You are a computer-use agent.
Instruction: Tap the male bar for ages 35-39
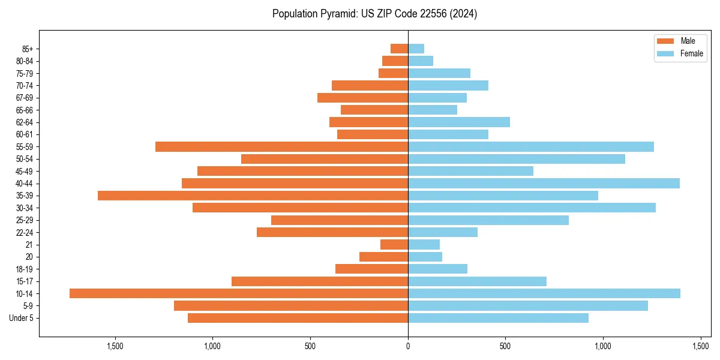tap(253, 196)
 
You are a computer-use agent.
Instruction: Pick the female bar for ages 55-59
tap(531, 146)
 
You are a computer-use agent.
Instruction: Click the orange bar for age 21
tap(394, 244)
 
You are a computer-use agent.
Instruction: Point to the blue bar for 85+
tap(416, 49)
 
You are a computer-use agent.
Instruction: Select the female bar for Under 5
tap(498, 318)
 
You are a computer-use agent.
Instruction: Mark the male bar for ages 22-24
tap(332, 232)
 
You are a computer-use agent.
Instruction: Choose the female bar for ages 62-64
tap(459, 122)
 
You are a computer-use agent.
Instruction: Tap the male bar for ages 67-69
tap(362, 98)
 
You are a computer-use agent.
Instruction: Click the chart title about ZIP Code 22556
tap(374, 14)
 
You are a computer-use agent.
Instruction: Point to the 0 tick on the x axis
tap(408, 346)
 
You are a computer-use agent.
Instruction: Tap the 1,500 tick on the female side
tap(701, 346)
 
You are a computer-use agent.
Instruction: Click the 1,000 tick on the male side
tap(212, 346)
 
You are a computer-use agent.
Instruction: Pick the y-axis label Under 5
tap(22, 318)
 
